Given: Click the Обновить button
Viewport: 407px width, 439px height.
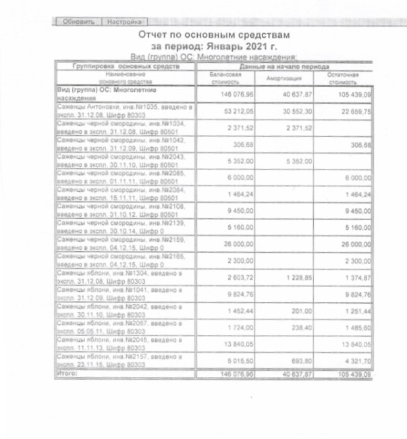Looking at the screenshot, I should pos(78,22).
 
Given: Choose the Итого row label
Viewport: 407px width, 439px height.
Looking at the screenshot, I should pos(67,373).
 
